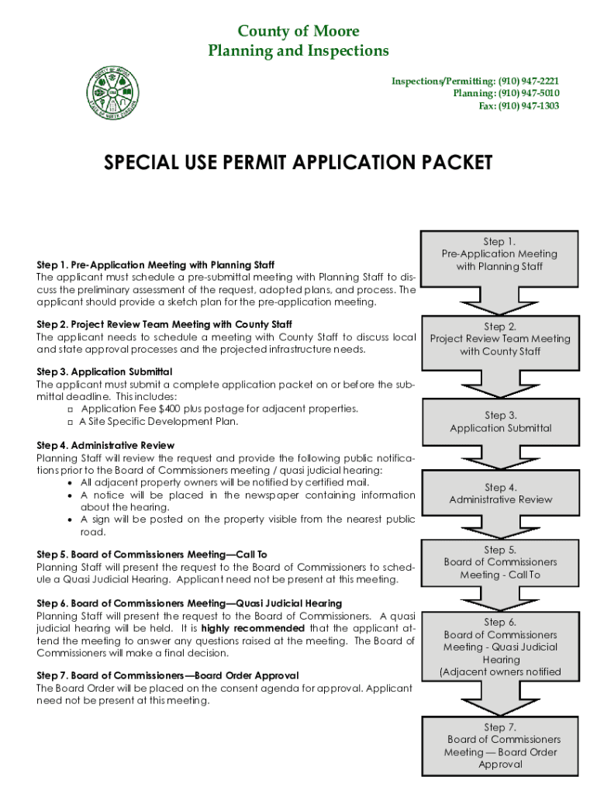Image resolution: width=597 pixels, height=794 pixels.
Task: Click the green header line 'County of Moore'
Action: [298, 31]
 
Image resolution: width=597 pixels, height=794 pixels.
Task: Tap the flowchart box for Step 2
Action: [499, 340]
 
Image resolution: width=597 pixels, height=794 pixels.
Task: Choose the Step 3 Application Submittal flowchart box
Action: [500, 422]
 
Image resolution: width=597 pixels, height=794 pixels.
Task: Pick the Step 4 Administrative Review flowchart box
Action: [500, 494]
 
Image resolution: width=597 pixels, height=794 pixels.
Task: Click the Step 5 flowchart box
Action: [500, 562]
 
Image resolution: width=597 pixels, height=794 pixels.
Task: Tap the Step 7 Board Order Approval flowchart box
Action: [500, 746]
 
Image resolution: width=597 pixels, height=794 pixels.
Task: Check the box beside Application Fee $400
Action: [71, 409]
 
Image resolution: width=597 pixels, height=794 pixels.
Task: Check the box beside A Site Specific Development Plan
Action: [71, 423]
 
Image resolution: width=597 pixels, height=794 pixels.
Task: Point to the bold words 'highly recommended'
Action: [253, 628]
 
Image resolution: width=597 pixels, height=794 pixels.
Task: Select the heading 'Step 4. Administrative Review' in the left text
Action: [105, 446]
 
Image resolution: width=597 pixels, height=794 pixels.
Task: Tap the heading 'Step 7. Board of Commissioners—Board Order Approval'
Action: [167, 675]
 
